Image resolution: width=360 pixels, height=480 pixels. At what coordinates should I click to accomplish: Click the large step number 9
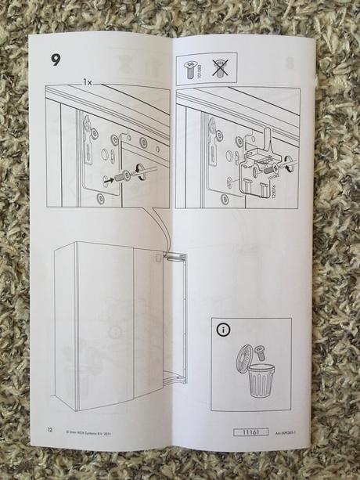[56, 60]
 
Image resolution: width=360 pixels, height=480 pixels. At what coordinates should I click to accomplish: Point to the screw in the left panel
[122, 177]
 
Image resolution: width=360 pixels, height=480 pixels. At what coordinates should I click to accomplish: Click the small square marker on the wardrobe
[166, 257]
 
